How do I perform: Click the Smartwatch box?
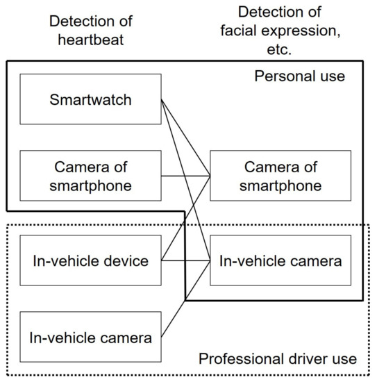91,99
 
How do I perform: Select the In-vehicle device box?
91,260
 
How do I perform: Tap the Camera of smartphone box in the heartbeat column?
91,176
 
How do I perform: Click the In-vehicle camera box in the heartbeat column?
91,338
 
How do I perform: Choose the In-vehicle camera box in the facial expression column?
280,260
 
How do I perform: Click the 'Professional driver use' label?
278,359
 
